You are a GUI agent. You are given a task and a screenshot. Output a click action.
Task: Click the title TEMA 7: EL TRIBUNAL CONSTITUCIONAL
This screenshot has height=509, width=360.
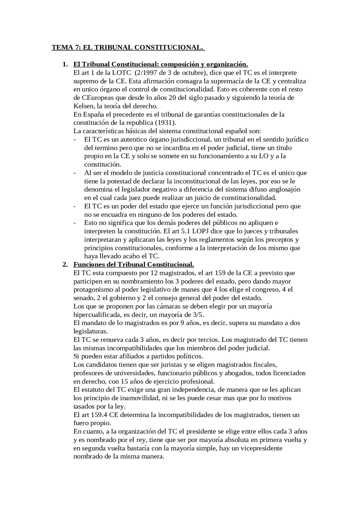coord(128,47)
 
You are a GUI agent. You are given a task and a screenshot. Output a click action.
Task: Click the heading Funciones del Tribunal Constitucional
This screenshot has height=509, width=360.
coord(134,265)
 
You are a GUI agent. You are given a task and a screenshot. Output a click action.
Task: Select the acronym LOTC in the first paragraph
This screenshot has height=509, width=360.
coord(121,73)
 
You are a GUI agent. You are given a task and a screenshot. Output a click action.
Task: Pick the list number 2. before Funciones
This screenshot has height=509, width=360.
coord(65,265)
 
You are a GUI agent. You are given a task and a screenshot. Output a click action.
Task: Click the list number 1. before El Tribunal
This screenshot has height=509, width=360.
coord(65,64)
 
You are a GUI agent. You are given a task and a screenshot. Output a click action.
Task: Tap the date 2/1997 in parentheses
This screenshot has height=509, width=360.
coord(146,73)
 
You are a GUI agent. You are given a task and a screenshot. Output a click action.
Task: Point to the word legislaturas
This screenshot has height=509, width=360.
coord(90,331)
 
